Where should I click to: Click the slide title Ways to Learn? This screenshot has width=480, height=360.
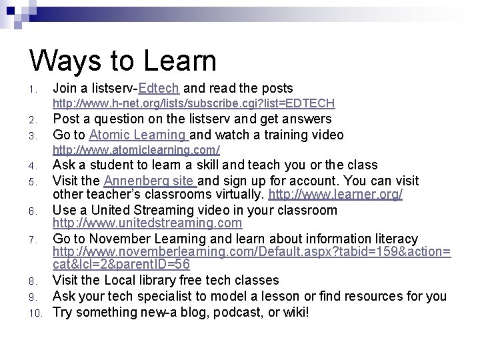pos(123,60)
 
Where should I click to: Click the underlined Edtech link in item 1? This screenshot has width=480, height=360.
pos(160,89)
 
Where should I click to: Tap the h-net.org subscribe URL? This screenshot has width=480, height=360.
pos(193,104)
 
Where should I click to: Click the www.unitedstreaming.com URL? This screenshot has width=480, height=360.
pos(147,224)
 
